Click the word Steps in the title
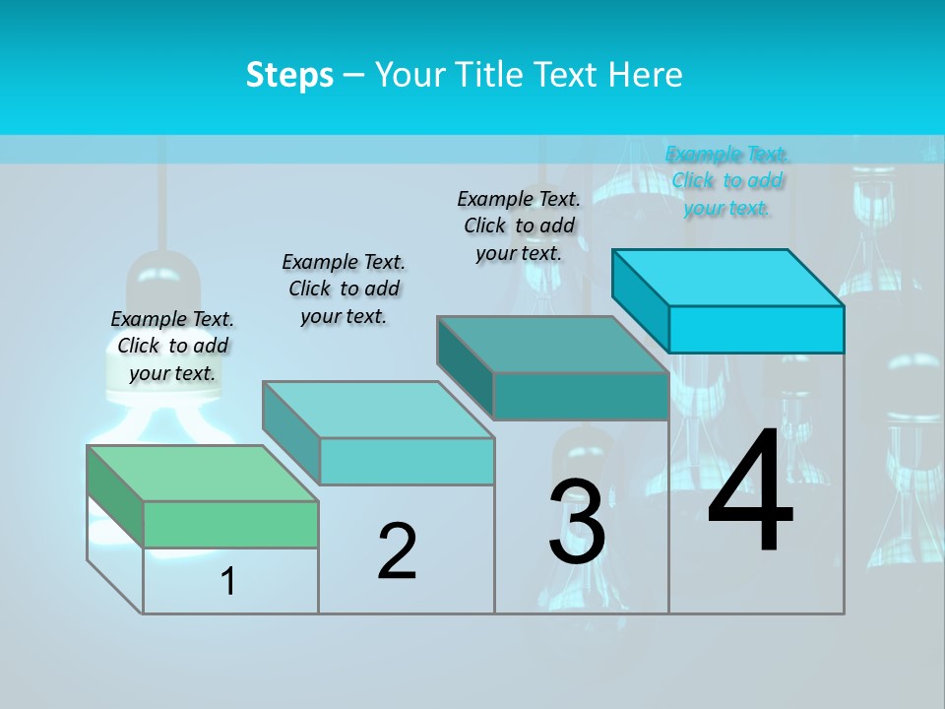[x=289, y=75]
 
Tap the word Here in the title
[x=645, y=75]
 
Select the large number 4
[x=750, y=492]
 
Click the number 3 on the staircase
[x=577, y=522]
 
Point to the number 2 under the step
[x=397, y=551]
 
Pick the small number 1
[x=228, y=582]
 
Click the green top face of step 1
[x=203, y=474]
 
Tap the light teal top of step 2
[x=378, y=410]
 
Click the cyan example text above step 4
[x=726, y=181]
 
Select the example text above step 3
[x=519, y=226]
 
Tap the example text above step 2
[x=344, y=289]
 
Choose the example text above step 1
[x=172, y=346]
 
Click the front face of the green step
[x=230, y=524]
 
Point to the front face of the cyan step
[x=756, y=329]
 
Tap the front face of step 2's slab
[x=407, y=461]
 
